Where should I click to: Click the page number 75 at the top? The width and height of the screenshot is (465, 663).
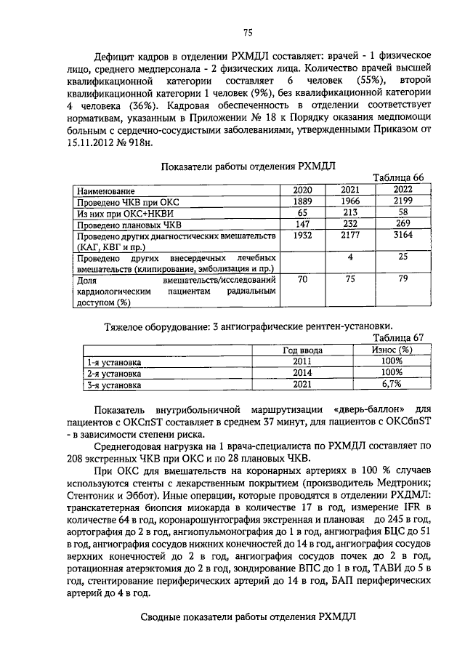pyautogui.click(x=246, y=31)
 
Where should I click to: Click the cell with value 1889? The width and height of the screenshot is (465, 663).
pyautogui.click(x=302, y=201)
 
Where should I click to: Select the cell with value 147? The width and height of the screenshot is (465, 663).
pyautogui.click(x=302, y=224)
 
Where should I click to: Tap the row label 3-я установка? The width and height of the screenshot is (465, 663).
pyautogui.click(x=113, y=385)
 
